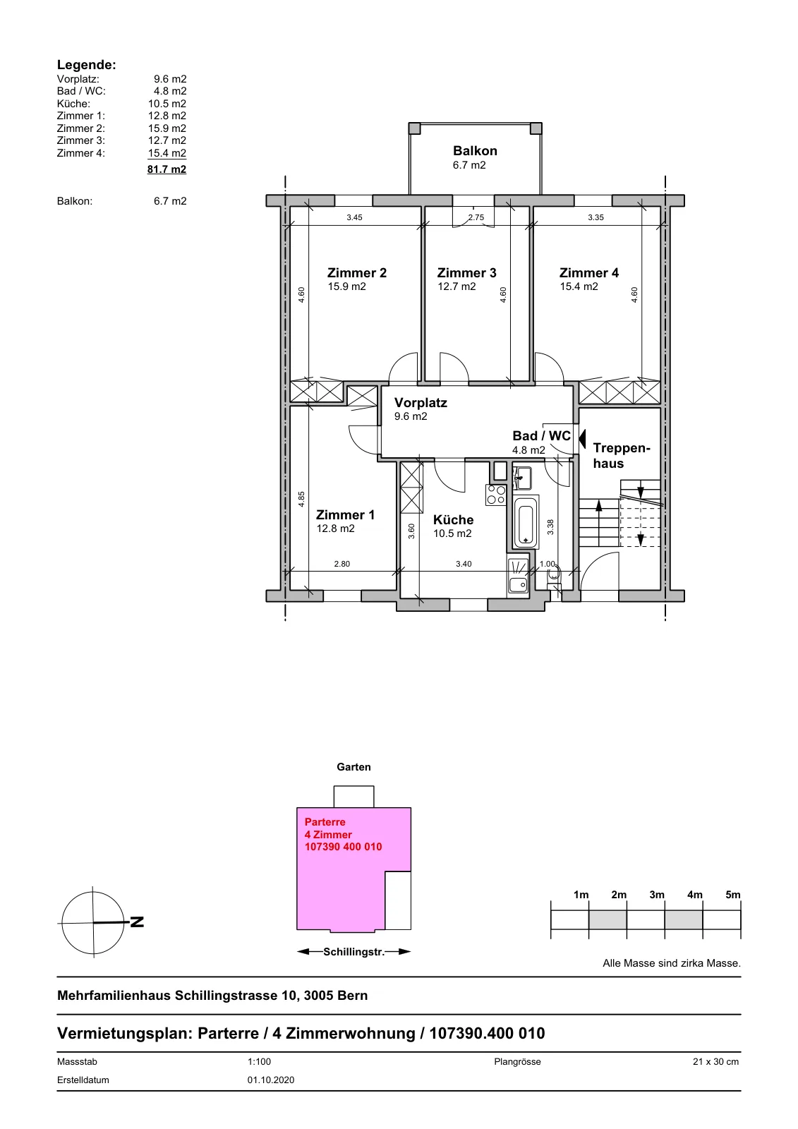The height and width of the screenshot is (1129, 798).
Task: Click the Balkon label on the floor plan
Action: [x=475, y=151]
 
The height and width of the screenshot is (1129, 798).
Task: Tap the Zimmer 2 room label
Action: [x=357, y=272]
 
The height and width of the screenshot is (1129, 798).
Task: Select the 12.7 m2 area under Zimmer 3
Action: [x=457, y=286]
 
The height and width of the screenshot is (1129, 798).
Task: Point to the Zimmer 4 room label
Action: [x=588, y=272]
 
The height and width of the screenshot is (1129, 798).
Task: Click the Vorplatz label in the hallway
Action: [x=421, y=403]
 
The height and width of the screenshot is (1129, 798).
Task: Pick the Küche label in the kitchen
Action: [x=453, y=519]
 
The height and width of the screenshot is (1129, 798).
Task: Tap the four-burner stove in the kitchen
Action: [x=495, y=495]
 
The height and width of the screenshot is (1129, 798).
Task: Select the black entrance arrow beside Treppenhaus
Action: [x=582, y=438]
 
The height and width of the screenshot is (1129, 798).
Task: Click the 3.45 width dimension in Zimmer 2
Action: [x=354, y=218]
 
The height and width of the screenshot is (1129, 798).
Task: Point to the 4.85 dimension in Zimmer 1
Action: [x=301, y=499]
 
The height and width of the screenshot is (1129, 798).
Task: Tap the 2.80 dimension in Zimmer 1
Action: [x=341, y=564]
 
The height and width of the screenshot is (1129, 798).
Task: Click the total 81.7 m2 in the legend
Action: [x=167, y=169]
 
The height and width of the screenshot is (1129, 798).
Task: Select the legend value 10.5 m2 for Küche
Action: [x=167, y=104]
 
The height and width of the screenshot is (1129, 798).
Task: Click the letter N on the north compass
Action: [x=137, y=922]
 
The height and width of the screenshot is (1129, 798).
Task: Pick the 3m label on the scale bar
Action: [x=657, y=895]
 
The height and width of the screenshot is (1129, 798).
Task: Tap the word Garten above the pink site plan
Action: [x=354, y=767]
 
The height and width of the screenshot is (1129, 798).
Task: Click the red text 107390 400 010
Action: [x=344, y=847]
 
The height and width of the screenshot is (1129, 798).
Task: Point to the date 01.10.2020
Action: [x=271, y=1080]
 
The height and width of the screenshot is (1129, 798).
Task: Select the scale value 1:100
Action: [x=259, y=1061]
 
